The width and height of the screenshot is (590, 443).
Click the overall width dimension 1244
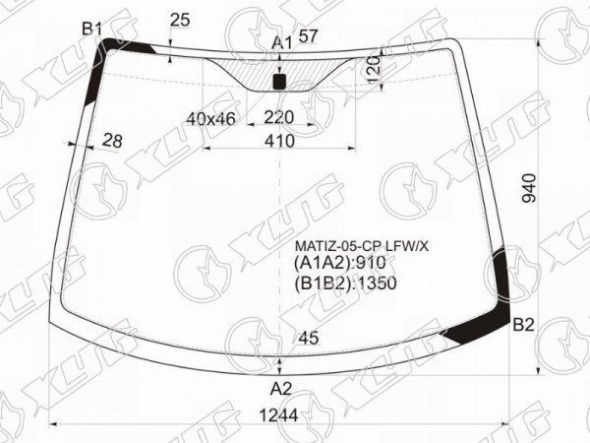pyautogui.click(x=279, y=415)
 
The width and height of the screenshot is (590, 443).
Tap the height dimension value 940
pyautogui.click(x=529, y=188)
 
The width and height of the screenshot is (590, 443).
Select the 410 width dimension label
pyautogui.click(x=279, y=141)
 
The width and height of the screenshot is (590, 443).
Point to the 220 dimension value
pyautogui.click(x=278, y=117)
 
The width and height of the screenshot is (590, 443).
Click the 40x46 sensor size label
pyautogui.click(x=210, y=119)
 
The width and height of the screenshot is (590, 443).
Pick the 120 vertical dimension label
pyautogui.click(x=374, y=70)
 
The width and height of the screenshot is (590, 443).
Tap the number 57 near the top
pyautogui.click(x=308, y=36)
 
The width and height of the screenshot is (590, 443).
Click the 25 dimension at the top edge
pyautogui.click(x=180, y=20)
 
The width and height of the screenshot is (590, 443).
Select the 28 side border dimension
pyautogui.click(x=112, y=141)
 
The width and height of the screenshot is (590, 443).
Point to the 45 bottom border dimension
pyautogui.click(x=309, y=338)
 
